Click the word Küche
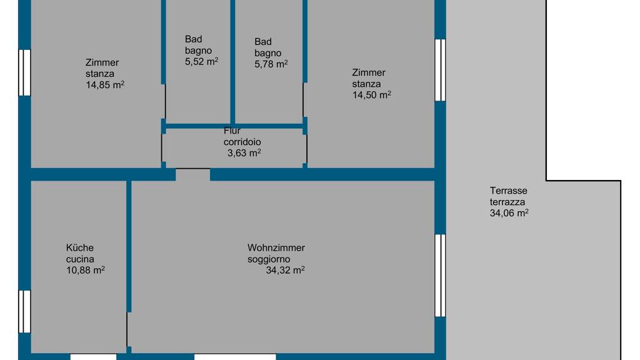coord(80,247)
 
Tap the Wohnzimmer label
coord(276,247)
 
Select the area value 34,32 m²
coord(285,270)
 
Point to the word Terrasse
coord(509,191)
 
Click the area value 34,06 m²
coord(509,213)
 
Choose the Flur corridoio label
coord(242,136)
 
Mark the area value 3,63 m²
coord(244,153)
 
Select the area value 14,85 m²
coord(105,85)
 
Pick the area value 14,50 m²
coord(371,95)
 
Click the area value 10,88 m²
coord(85,270)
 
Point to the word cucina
coord(80,259)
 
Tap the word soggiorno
coord(269,259)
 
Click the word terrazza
coord(507,202)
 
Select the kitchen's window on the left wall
coord(24,311)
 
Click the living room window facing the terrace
coord(440,276)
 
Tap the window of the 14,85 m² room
coord(24,72)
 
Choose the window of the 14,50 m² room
coord(440,70)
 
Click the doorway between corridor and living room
coord(192,174)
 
